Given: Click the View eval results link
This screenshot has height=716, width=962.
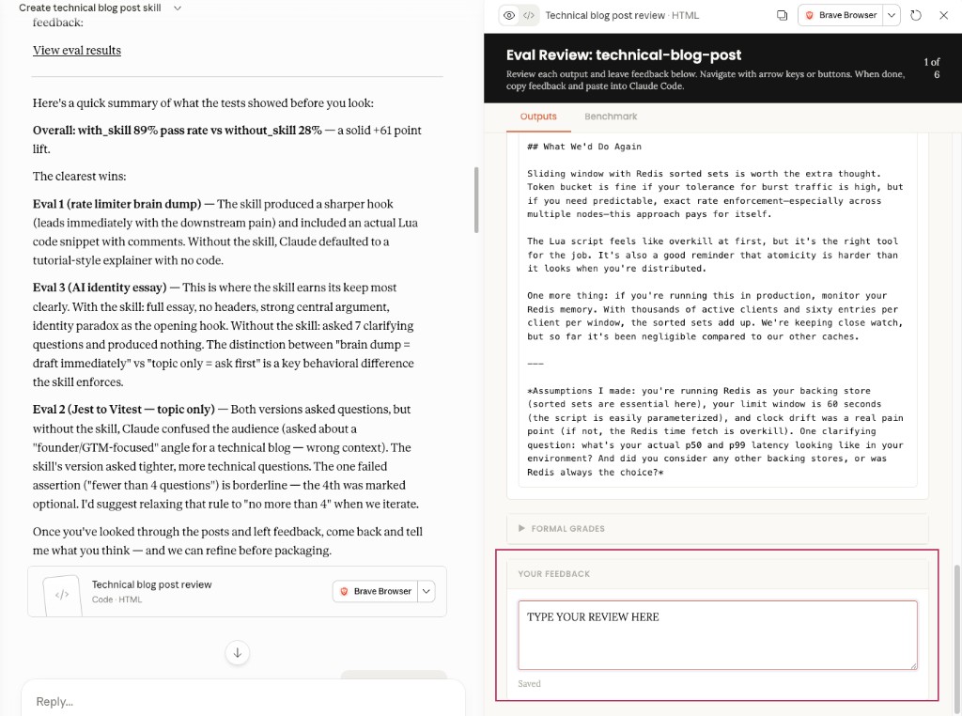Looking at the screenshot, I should point(77,51).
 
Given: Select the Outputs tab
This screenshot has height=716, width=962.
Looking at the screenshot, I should point(538,117).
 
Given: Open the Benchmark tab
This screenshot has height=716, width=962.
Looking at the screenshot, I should point(611,117).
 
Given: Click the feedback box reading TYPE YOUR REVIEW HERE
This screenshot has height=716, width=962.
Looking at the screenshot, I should point(717,635).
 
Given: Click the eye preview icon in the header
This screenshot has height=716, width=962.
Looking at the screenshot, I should point(509,15).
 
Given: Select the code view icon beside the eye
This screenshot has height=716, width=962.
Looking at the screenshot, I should point(529,15).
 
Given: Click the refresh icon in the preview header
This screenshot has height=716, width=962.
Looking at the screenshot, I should point(916,15).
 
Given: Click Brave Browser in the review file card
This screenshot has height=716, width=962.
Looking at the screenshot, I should point(375,591).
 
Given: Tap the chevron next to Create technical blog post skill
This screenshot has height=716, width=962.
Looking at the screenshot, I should point(178,8).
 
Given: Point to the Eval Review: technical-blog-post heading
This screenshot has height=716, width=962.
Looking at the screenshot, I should point(624,55).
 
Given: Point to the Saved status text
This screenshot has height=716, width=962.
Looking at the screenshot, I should point(529,683).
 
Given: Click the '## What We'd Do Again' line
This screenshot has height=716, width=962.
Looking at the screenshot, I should point(584,147).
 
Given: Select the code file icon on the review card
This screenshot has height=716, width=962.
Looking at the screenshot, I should point(62,594).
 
